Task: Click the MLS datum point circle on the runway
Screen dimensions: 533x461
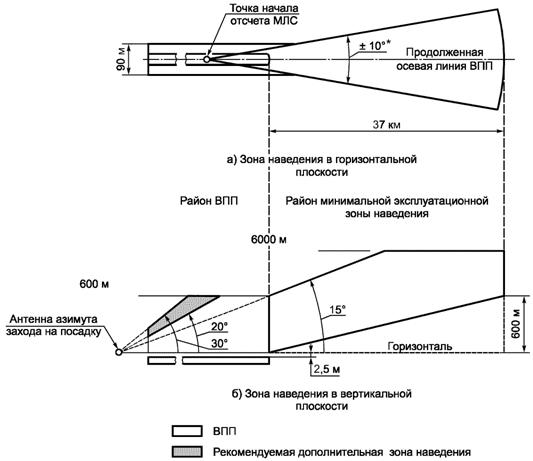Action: tap(207, 59)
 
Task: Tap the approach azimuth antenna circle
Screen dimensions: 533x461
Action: tap(119, 352)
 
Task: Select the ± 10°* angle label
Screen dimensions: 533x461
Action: tap(374, 46)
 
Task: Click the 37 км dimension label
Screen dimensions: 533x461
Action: tap(386, 125)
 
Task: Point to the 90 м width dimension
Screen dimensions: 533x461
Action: tap(121, 59)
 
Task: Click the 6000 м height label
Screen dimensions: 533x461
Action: tap(269, 239)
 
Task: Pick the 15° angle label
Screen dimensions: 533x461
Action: tap(337, 310)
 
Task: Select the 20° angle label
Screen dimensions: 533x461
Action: tap(219, 326)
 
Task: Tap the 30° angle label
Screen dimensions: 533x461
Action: tap(219, 343)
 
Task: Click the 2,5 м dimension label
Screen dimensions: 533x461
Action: tap(326, 369)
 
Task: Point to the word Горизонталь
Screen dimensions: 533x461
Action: tap(420, 346)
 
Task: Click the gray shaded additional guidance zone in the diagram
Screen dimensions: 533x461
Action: tap(177, 316)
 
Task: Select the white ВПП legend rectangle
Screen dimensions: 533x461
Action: tap(187, 431)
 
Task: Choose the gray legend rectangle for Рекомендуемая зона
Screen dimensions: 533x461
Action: tap(187, 451)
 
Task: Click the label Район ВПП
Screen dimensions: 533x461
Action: tap(209, 201)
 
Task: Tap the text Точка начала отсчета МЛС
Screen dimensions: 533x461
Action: tap(264, 14)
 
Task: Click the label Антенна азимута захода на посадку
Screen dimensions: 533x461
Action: tap(54, 325)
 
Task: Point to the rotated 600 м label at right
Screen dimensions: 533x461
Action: tap(515, 324)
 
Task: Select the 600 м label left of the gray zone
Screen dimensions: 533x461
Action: tap(94, 284)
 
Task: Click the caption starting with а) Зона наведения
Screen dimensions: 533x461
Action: tap(322, 166)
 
